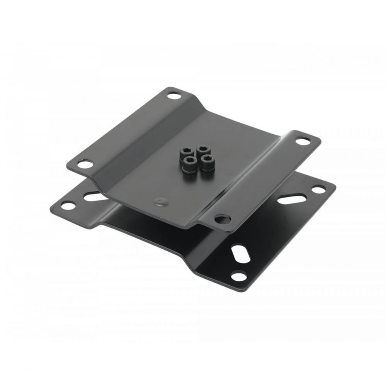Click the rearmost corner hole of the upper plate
[174, 94]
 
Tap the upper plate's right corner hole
[303, 141]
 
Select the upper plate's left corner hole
[85, 164]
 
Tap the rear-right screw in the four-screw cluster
[203, 150]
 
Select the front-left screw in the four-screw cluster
[189, 162]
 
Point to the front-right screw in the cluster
[207, 159]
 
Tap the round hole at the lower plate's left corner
[68, 205]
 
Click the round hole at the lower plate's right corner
[318, 189]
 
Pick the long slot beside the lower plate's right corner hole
[292, 199]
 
